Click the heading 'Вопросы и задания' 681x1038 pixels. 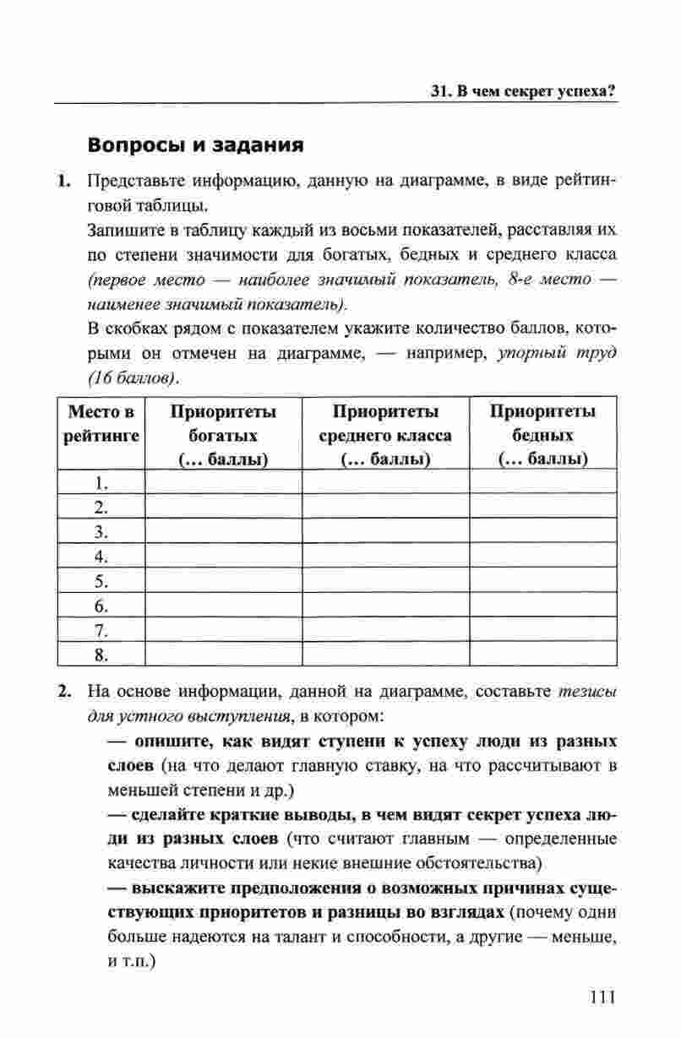click(x=195, y=144)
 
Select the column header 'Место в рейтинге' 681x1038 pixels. click(x=101, y=424)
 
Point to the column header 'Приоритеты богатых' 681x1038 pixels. click(x=223, y=435)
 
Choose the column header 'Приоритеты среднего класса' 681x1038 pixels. click(x=385, y=435)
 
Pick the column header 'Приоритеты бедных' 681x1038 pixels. click(x=543, y=435)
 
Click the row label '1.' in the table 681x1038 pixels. click(x=102, y=483)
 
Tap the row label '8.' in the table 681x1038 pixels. click(x=102, y=655)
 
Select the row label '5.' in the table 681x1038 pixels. click(x=102, y=581)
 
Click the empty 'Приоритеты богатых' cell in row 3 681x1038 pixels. click(x=223, y=532)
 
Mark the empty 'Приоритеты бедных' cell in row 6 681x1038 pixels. click(x=543, y=606)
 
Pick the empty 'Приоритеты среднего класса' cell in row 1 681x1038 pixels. click(x=385, y=483)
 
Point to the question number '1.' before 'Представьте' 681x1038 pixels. click(x=64, y=182)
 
